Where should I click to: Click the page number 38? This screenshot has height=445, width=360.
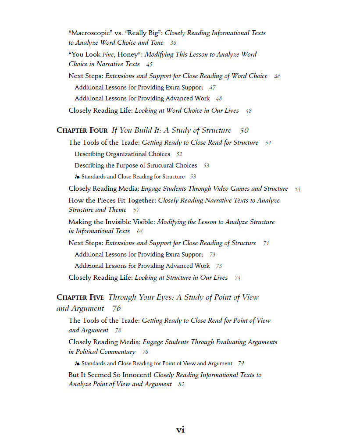pyautogui.click(x=173, y=43)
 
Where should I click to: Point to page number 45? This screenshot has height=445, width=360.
pyautogui.click(x=150, y=64)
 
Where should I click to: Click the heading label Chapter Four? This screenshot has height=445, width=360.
pyautogui.click(x=82, y=131)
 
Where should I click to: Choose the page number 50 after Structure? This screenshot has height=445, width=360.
pyautogui.click(x=244, y=131)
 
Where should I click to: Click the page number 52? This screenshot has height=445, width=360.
pyautogui.click(x=179, y=154)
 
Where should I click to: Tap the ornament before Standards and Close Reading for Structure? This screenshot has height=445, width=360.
pyautogui.click(x=77, y=177)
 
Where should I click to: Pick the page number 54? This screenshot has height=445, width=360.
pyautogui.click(x=298, y=189)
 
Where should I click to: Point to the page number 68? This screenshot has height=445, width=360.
pyautogui.click(x=139, y=231)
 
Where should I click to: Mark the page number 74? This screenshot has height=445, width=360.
pyautogui.click(x=237, y=278)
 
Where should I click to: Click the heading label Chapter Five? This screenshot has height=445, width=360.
pyautogui.click(x=80, y=297)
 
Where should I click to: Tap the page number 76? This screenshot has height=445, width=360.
pyautogui.click(x=116, y=309)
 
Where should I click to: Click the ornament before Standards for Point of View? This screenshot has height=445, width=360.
pyautogui.click(x=77, y=363)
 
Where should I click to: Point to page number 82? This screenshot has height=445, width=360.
pyautogui.click(x=182, y=384)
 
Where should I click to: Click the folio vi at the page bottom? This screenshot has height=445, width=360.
pyautogui.click(x=180, y=430)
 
